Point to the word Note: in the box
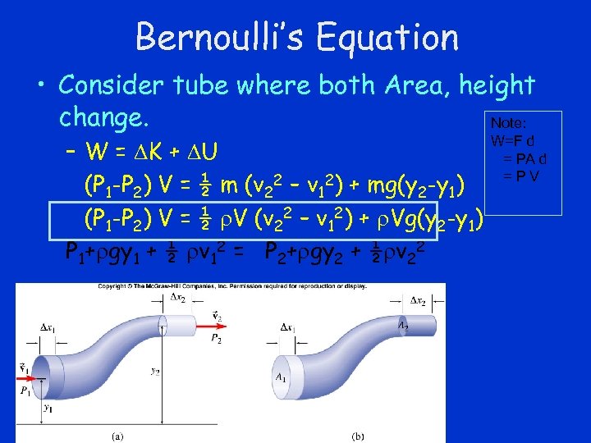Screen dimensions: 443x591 pyautogui.click(x=509, y=122)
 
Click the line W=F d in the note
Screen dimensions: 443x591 pyautogui.click(x=514, y=141)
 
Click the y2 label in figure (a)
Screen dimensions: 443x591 pyautogui.click(x=155, y=370)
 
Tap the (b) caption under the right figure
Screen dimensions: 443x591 pyautogui.click(x=359, y=436)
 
